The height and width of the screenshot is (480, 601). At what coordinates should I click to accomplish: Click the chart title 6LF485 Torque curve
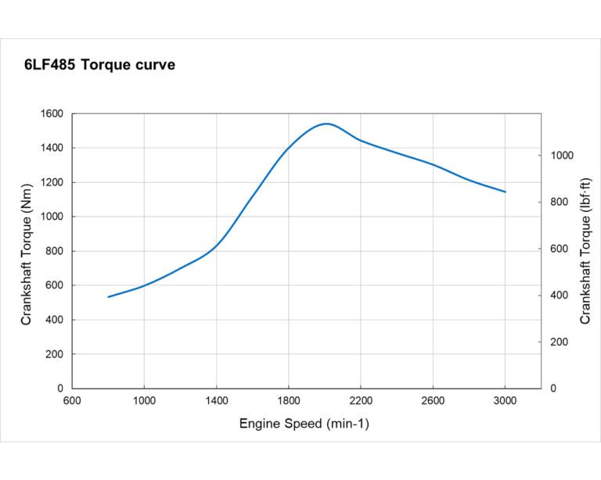click(99, 65)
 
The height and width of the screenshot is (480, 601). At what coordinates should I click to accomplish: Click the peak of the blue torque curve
click(326, 124)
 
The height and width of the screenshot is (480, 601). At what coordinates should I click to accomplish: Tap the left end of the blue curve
click(108, 297)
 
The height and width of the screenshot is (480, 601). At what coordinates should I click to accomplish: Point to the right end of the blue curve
click(506, 192)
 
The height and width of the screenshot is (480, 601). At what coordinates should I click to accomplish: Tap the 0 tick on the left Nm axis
click(59, 389)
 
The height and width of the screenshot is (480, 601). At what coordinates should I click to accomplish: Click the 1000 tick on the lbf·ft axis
click(561, 156)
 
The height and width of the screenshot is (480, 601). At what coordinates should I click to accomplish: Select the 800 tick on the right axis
click(558, 202)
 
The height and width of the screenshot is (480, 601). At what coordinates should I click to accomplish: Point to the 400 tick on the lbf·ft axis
click(558, 296)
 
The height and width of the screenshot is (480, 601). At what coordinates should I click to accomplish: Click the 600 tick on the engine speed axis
click(72, 401)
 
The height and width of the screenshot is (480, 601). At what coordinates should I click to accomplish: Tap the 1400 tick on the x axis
click(217, 401)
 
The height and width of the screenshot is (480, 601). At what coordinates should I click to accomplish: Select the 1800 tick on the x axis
click(289, 401)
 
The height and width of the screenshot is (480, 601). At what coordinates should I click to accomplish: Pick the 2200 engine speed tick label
click(361, 401)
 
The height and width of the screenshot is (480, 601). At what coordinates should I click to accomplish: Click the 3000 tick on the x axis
click(506, 401)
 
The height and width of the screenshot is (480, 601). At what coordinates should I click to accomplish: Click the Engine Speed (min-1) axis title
click(304, 424)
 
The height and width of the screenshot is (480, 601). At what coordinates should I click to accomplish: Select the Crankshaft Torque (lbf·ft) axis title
click(585, 250)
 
